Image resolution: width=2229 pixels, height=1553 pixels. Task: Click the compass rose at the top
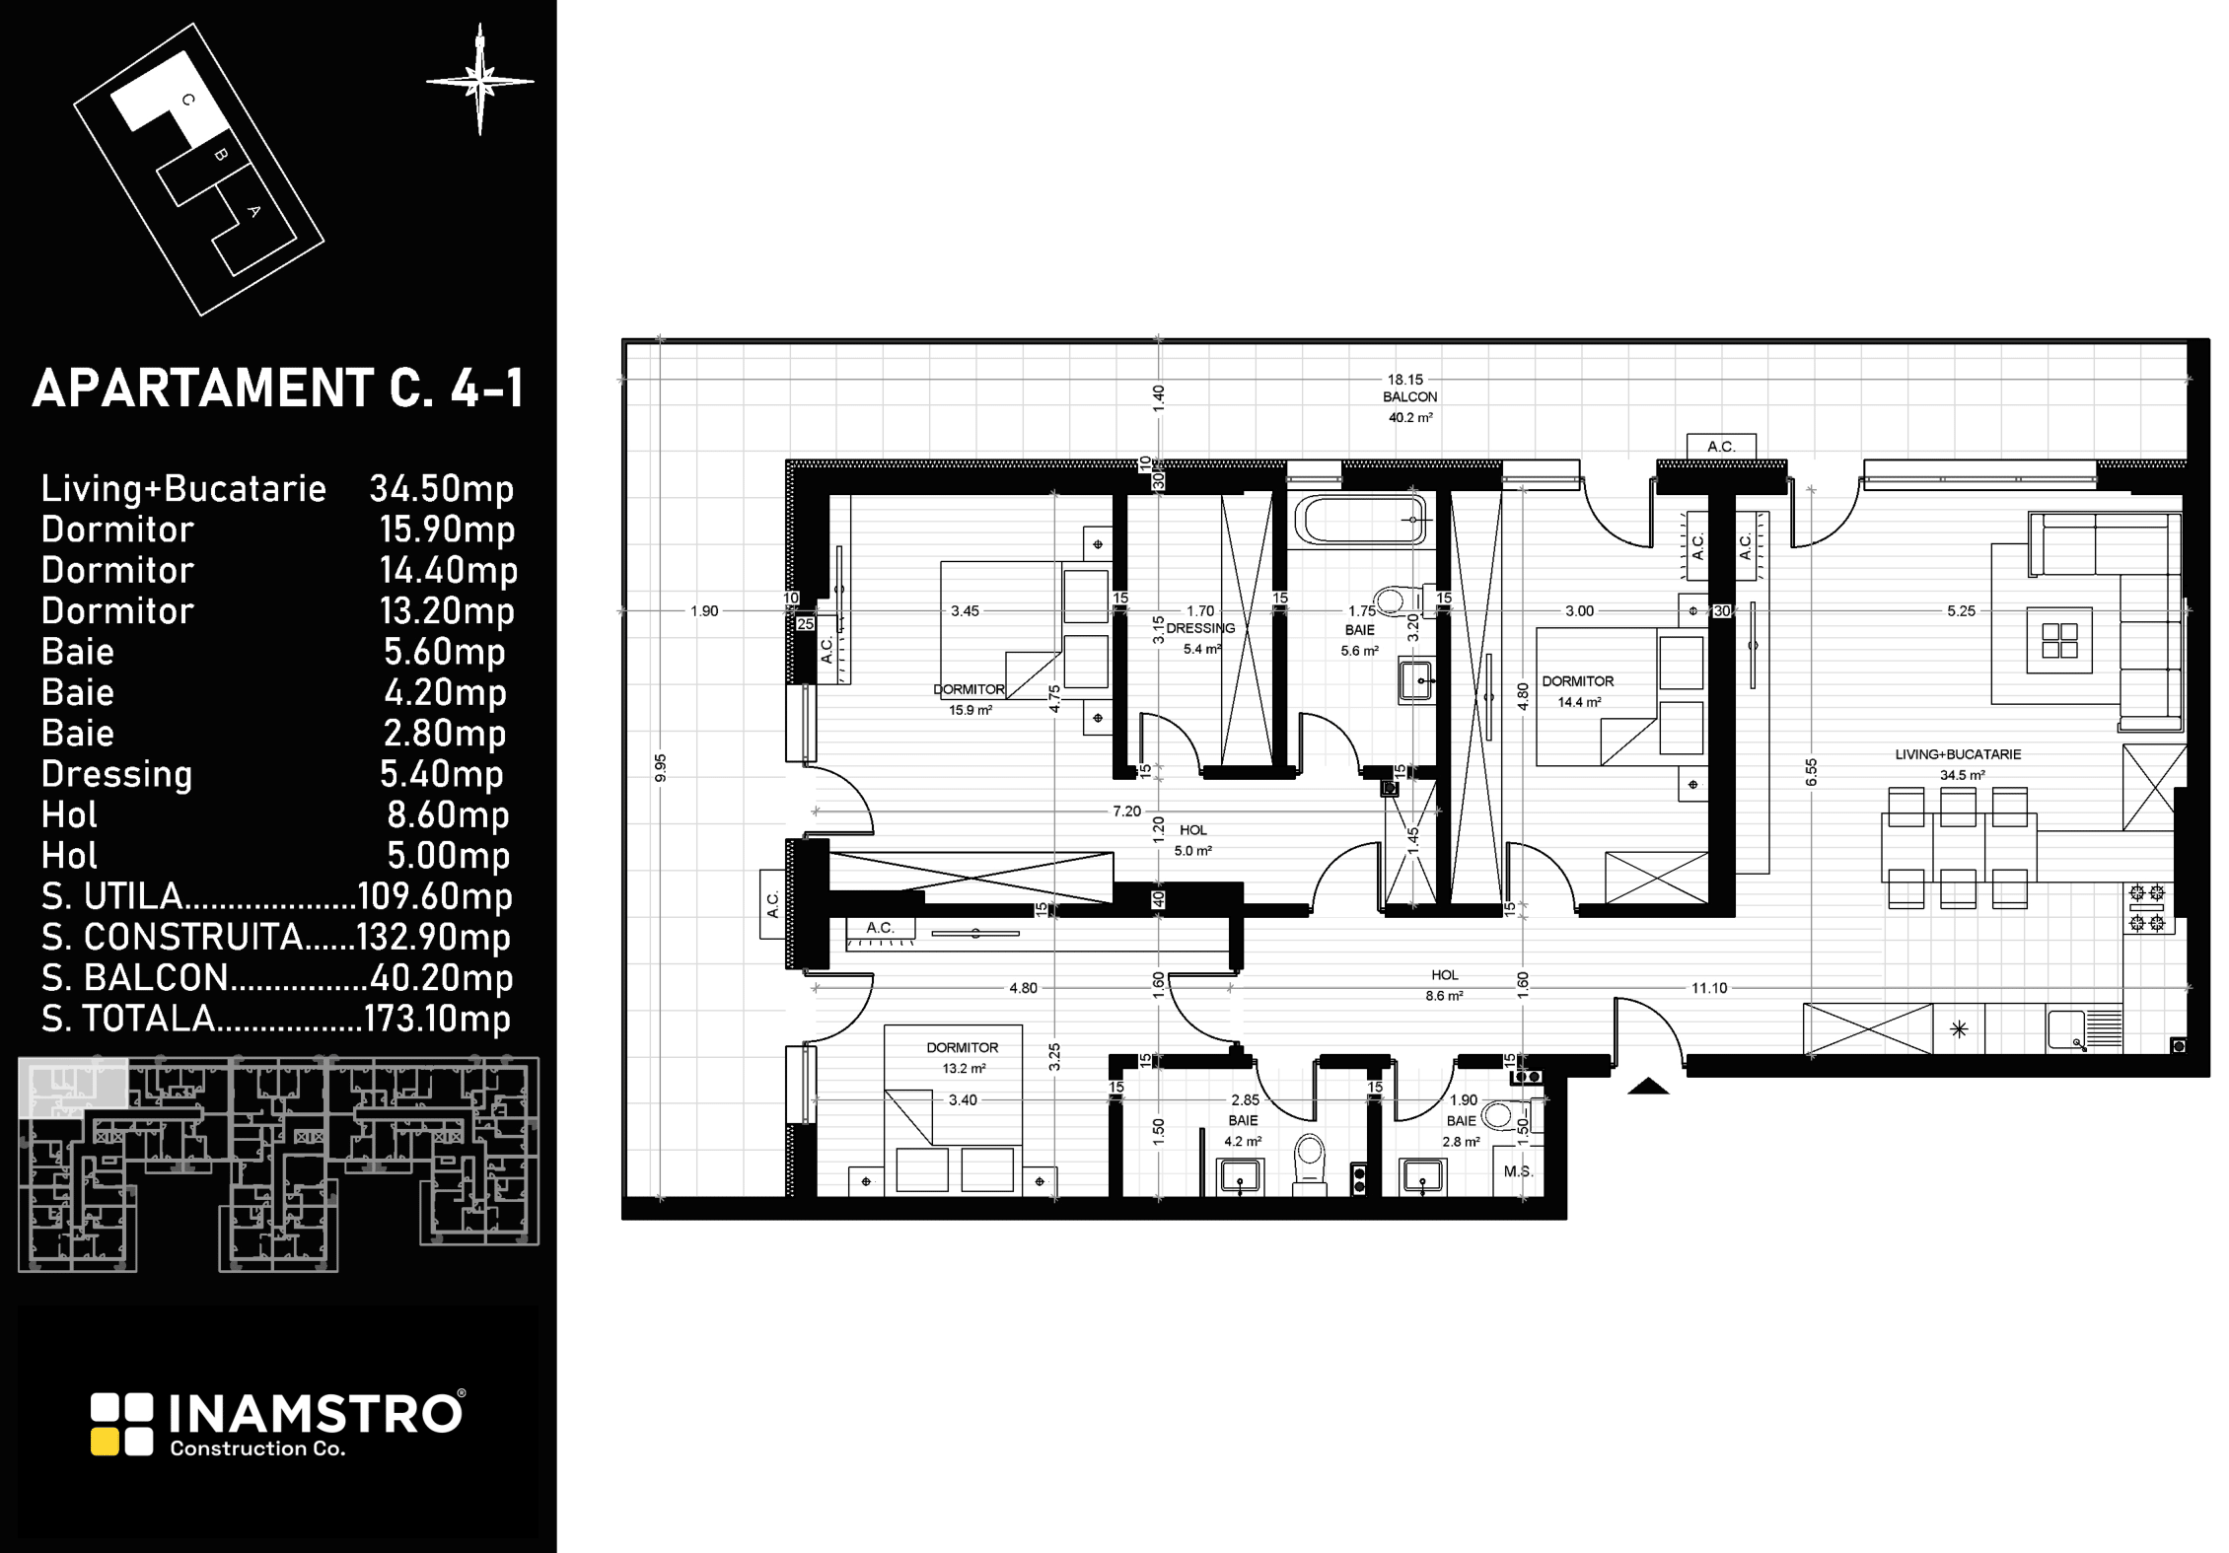480,81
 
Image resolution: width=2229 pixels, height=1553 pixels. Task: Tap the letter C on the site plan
188,100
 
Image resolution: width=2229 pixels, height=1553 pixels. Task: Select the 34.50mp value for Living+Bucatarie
442,488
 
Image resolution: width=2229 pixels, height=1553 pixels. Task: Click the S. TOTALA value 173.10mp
438,1018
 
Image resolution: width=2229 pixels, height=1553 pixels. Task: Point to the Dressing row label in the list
116,774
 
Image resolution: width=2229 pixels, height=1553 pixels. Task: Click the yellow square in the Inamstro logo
106,1442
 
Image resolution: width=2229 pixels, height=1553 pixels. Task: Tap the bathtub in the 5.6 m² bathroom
1360,520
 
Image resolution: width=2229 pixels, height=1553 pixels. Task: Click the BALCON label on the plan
1409,396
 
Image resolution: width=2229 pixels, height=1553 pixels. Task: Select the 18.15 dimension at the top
1405,379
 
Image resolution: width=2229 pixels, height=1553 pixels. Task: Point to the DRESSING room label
1200,628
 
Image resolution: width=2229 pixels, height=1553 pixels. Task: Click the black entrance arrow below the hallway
1647,1087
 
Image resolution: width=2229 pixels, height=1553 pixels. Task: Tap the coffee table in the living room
2059,640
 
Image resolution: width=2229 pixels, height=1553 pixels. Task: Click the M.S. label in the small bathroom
1518,1171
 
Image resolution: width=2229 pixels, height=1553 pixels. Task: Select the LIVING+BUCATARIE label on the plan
1958,754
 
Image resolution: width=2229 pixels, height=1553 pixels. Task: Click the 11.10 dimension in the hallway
1709,987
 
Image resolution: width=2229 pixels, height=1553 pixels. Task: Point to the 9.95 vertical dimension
661,768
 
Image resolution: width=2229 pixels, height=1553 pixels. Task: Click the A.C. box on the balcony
1721,447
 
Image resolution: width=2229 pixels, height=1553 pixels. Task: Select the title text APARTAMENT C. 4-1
278,388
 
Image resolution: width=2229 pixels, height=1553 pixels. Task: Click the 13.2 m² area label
964,1068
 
